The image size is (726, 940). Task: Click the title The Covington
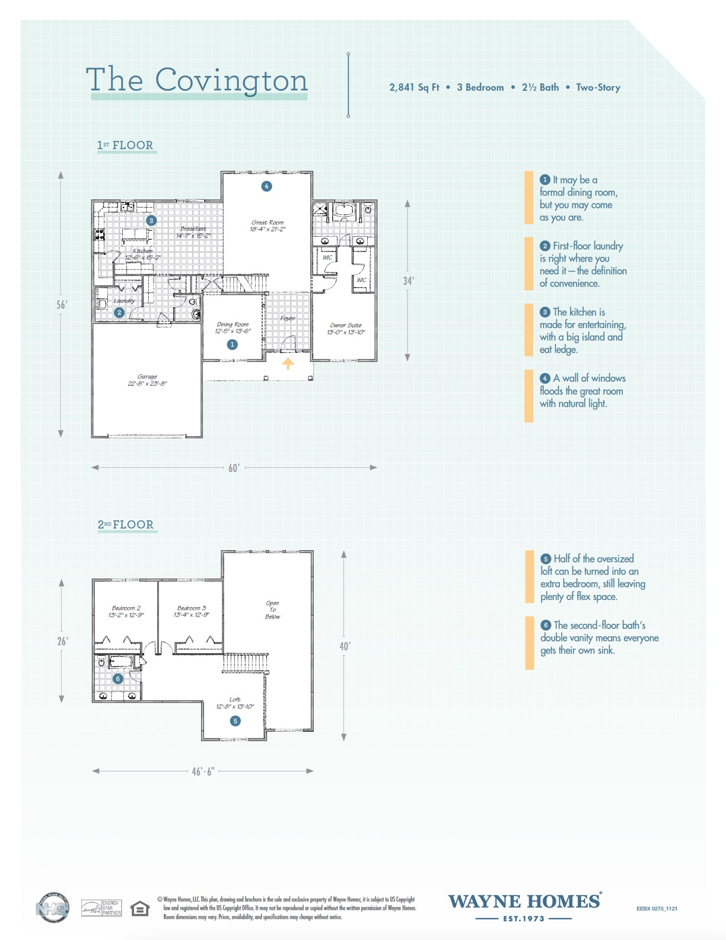(197, 80)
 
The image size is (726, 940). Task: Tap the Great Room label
(268, 226)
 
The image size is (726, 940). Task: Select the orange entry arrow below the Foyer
(288, 363)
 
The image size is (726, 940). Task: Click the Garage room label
(147, 380)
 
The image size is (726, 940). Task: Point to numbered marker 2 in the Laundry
(119, 313)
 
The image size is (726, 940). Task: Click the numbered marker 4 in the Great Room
(266, 186)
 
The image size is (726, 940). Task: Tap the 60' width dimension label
(234, 468)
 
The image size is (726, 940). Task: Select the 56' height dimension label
(62, 305)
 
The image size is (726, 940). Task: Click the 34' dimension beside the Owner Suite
(408, 281)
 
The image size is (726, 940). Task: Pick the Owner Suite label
(346, 328)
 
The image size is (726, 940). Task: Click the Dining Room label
(233, 328)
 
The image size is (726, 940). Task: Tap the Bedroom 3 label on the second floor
(192, 611)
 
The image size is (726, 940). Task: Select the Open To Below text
(272, 610)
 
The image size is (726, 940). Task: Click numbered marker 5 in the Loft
(235, 721)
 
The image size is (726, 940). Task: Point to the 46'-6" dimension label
(203, 771)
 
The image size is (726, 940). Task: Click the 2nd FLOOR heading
(126, 525)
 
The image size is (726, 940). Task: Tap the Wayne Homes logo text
(524, 902)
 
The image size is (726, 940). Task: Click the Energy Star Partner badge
(101, 908)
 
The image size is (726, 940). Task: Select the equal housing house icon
(140, 909)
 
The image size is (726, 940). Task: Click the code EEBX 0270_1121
(657, 909)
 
